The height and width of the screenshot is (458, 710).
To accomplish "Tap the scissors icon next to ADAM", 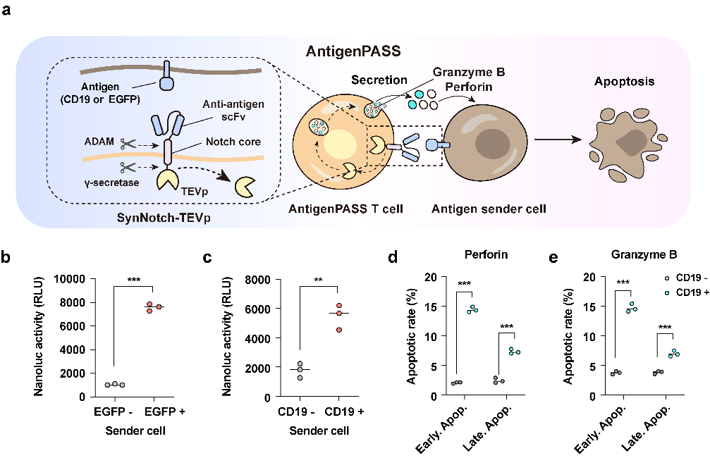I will click(x=128, y=143).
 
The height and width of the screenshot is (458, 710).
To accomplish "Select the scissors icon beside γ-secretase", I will click(x=128, y=168).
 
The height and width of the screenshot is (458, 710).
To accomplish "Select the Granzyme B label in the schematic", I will click(x=461, y=73).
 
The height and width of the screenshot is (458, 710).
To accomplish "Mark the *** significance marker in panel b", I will click(x=133, y=280).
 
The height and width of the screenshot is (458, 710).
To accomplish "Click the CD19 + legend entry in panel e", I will click(x=683, y=290).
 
